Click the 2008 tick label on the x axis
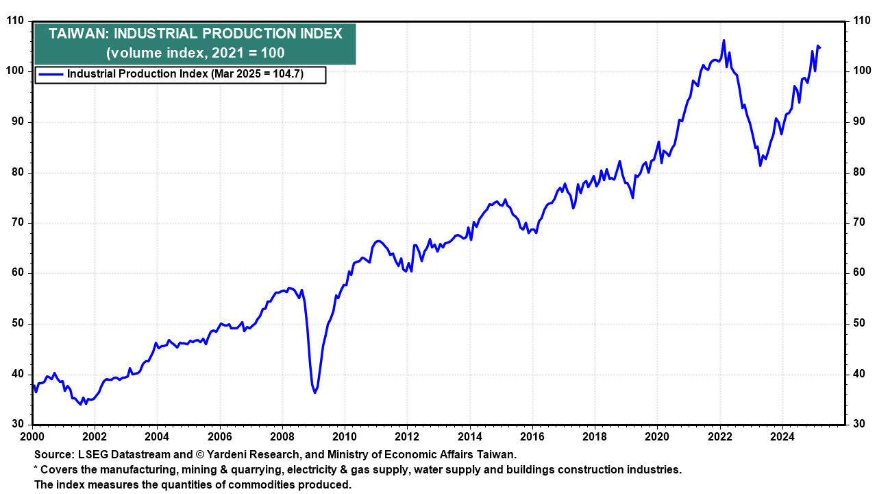click(x=282, y=436)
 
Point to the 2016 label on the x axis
click(x=532, y=436)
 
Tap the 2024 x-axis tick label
click(x=782, y=436)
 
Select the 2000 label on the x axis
click(x=32, y=436)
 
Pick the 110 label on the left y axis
click(x=14, y=21)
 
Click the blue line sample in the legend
click(x=51, y=74)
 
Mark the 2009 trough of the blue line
click(x=315, y=392)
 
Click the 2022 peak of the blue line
click(x=724, y=40)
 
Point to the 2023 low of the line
click(x=760, y=165)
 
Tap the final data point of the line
click(x=821, y=47)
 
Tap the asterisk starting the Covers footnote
click(x=35, y=469)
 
